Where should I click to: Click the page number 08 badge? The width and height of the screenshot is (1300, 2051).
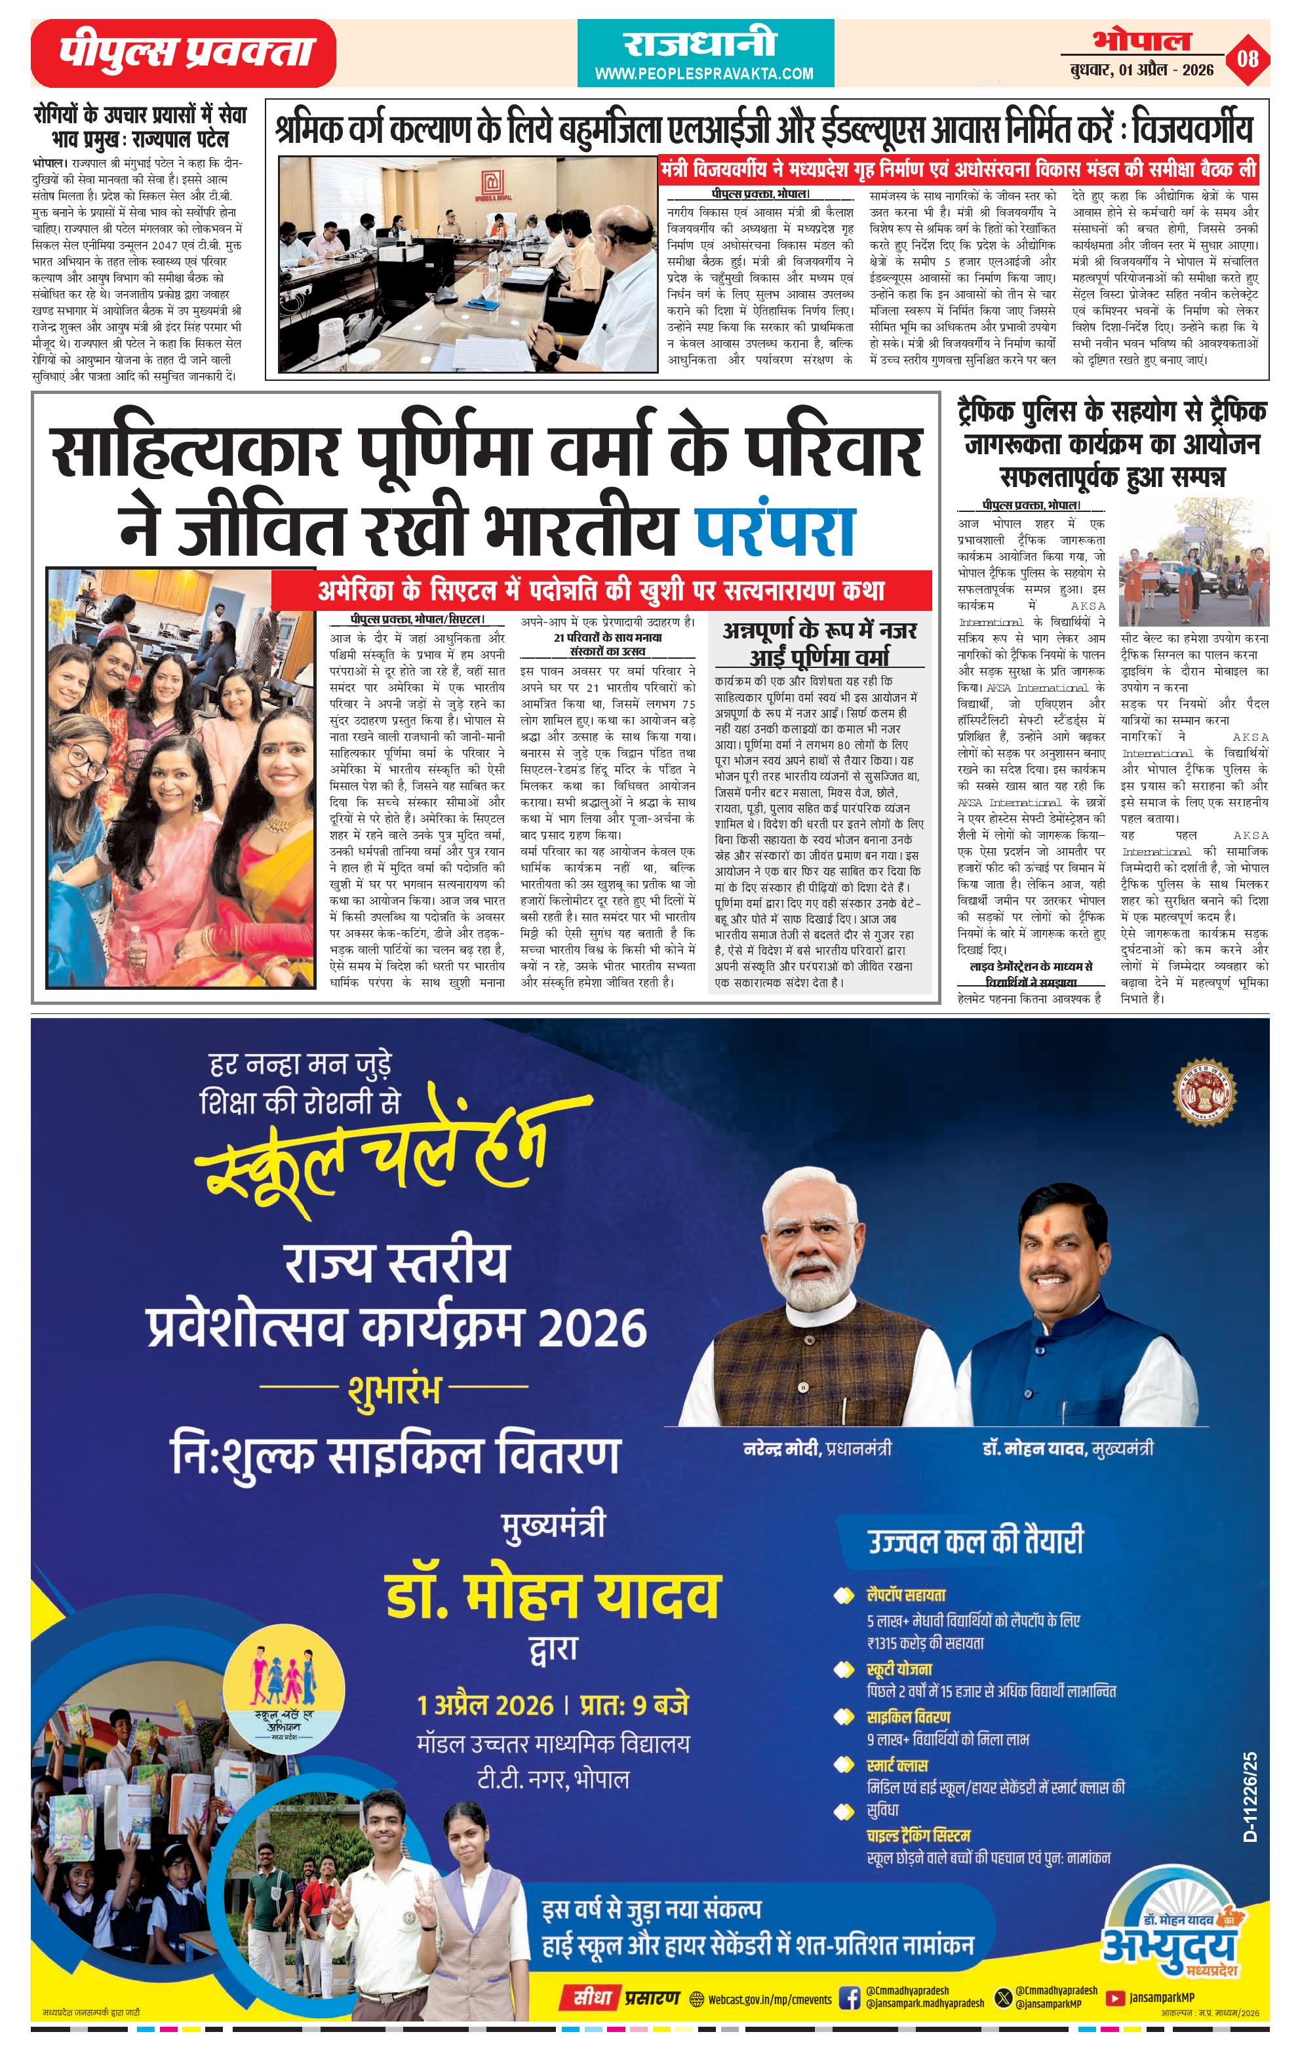1248,59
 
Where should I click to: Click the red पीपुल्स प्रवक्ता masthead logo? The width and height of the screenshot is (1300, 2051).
183,53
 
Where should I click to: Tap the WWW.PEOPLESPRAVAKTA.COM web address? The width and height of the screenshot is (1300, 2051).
703,74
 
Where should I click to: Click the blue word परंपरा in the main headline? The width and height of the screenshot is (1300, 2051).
776,530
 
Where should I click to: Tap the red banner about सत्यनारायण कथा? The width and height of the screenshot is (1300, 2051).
601,590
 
